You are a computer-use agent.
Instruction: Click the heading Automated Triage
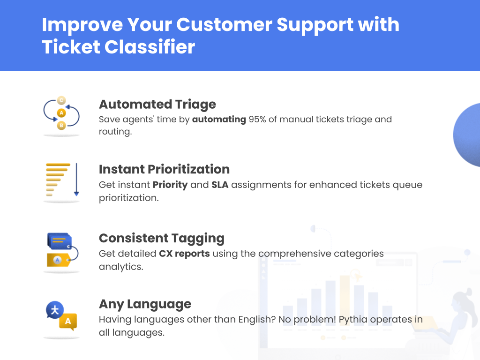tap(157, 104)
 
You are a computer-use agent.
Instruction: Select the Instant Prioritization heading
tap(164, 169)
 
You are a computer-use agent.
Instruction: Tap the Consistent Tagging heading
tap(161, 238)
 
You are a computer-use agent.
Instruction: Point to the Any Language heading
tap(145, 304)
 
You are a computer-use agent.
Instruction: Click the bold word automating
tap(219, 119)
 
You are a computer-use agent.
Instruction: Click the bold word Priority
tap(170, 185)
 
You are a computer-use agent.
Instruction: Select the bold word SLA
tap(220, 185)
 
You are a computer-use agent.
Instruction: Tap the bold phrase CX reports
tap(184, 254)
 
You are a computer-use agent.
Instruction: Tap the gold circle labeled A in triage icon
tap(61, 113)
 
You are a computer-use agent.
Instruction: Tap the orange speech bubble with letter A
tap(68, 322)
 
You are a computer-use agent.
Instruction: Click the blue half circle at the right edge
tap(468, 135)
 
